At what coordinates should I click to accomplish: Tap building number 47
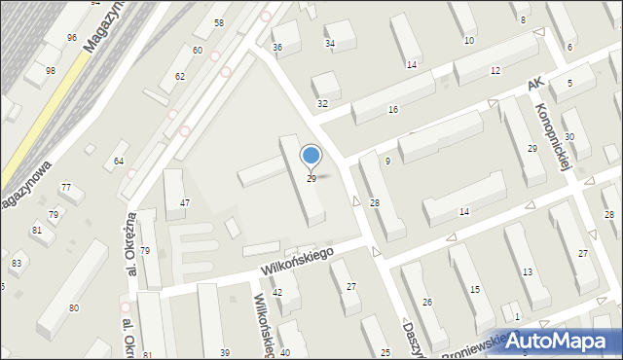click(185, 202)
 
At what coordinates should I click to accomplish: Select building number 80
click(73, 308)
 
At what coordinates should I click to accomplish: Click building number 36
click(277, 47)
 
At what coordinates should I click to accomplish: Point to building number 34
click(330, 43)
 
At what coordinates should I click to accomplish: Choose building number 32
click(322, 103)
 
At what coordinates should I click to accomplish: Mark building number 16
click(392, 110)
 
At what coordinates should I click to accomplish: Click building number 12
click(495, 71)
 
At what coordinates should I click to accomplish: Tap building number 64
click(119, 161)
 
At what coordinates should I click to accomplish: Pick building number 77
click(66, 187)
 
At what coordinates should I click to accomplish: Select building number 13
click(528, 272)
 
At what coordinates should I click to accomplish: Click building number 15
click(475, 290)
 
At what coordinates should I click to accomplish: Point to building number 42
click(277, 293)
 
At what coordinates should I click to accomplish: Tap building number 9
click(387, 161)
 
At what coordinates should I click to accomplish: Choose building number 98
click(51, 71)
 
